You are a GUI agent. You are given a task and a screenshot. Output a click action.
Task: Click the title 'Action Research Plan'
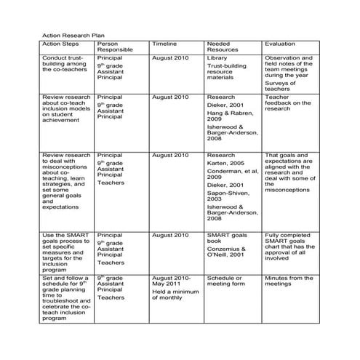[68, 35]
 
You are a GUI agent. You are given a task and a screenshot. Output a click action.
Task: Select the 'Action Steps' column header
[60, 44]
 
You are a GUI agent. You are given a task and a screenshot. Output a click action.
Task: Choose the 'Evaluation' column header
[280, 44]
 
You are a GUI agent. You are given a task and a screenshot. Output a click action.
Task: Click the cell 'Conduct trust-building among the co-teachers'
[64, 63]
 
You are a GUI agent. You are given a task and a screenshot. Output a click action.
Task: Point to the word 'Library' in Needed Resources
[217, 57]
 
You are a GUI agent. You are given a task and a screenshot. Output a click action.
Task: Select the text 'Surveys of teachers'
[283, 85]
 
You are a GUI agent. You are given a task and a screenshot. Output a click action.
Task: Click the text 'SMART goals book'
[228, 239]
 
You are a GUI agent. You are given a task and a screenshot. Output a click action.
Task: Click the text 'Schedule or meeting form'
[228, 281]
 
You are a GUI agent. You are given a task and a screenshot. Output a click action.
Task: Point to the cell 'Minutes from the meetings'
[289, 281]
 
